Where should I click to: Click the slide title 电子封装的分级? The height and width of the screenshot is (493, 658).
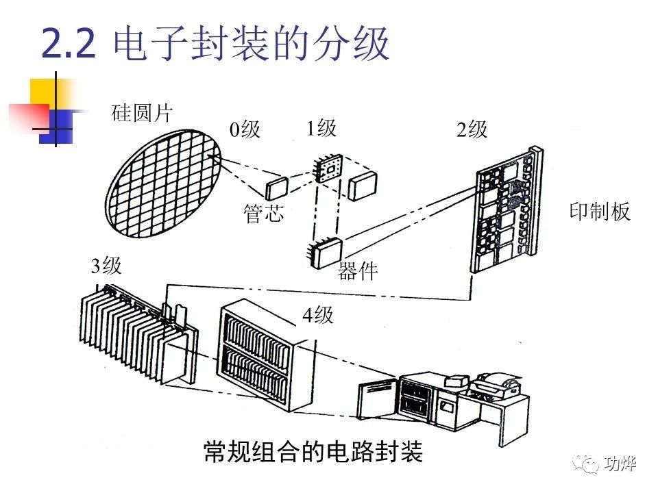pyautogui.click(x=252, y=44)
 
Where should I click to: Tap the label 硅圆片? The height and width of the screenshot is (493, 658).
pyautogui.click(x=142, y=113)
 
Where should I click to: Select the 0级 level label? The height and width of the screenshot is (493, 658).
pyautogui.click(x=245, y=129)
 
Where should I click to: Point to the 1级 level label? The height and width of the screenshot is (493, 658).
pyautogui.click(x=321, y=127)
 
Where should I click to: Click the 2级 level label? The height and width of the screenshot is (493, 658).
pyautogui.click(x=472, y=129)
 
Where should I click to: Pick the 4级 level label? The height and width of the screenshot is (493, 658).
pyautogui.click(x=318, y=315)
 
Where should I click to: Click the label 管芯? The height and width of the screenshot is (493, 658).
pyautogui.click(x=263, y=214)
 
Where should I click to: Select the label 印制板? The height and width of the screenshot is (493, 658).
pyautogui.click(x=599, y=212)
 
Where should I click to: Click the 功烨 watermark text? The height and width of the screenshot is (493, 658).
pyautogui.click(x=621, y=465)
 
